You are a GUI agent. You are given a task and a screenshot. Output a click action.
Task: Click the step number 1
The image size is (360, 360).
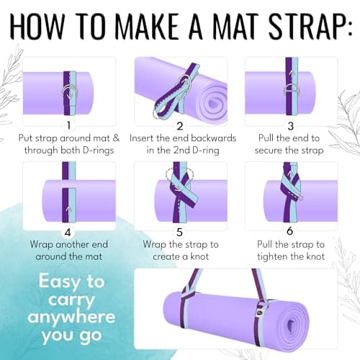click(x=69, y=125)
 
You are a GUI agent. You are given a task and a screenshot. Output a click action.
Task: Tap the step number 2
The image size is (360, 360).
click(x=180, y=126)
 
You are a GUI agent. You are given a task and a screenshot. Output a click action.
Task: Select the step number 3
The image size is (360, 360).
click(x=291, y=126)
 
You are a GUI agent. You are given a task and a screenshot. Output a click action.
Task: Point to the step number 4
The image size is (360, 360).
click(x=68, y=233)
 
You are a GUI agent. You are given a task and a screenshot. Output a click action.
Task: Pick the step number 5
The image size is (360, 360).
click(x=179, y=233)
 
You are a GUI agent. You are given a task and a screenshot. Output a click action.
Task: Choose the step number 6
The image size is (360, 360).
click(x=290, y=231)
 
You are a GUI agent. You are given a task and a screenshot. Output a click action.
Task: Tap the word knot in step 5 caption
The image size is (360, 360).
click(x=199, y=256)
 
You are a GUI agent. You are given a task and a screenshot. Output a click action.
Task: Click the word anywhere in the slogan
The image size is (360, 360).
click(x=71, y=318)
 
